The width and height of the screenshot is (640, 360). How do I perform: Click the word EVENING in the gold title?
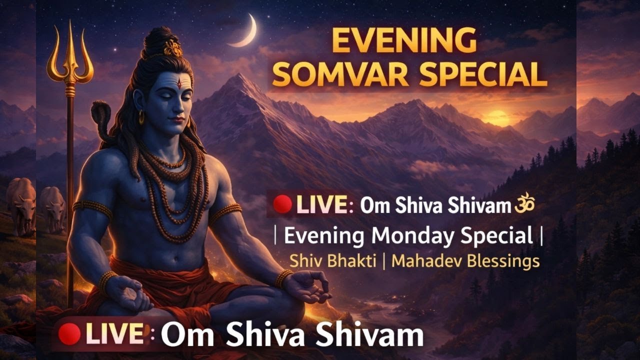[404, 41]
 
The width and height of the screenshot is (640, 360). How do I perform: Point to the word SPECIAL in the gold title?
[482, 75]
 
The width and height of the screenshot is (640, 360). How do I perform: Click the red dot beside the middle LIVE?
[282, 204]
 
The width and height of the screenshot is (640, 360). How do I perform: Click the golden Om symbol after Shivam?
[525, 204]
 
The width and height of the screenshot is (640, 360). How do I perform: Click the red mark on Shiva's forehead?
[179, 83]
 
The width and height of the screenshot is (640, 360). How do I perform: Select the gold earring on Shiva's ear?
[141, 117]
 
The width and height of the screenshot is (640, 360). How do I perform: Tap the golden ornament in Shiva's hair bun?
[173, 48]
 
